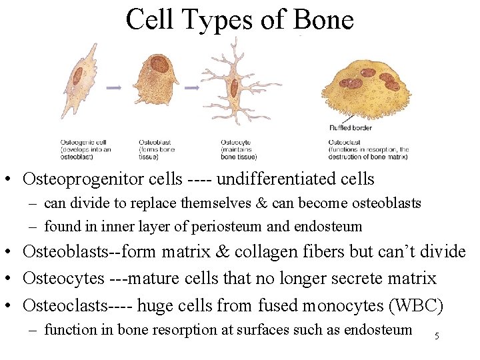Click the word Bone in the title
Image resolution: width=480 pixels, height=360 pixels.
pyautogui.click(x=323, y=19)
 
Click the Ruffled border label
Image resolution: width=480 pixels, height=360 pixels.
pyautogui.click(x=351, y=127)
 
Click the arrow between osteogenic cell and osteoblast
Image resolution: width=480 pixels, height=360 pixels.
pyautogui.click(x=113, y=87)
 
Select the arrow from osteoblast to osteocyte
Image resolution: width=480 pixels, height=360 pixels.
pyautogui.click(x=192, y=87)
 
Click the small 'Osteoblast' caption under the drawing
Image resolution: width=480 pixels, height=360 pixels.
pyautogui.click(x=154, y=141)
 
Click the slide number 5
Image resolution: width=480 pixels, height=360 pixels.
pyautogui.click(x=437, y=336)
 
